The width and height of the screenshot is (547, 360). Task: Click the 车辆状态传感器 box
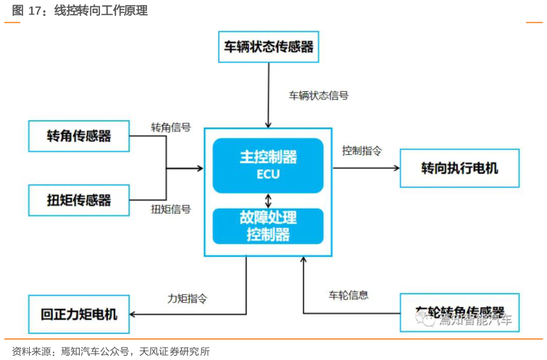[x=268, y=46]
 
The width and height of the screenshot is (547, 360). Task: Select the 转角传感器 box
[x=78, y=135]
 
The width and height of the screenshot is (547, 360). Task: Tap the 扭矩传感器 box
[x=78, y=199]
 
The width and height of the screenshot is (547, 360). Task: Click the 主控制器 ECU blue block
[x=268, y=165]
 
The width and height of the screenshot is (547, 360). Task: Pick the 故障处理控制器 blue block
[x=268, y=225]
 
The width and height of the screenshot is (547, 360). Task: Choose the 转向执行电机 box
[x=459, y=168]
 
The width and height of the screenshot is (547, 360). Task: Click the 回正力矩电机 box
[x=78, y=314]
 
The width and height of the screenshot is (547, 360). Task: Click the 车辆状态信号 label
[x=319, y=96]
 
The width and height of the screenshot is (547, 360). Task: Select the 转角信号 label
[x=171, y=127]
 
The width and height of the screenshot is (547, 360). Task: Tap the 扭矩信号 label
[x=171, y=209]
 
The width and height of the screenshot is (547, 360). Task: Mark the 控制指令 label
[x=362, y=151]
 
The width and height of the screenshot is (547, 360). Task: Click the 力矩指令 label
[x=188, y=298]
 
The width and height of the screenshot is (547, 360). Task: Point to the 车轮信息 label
[x=348, y=295]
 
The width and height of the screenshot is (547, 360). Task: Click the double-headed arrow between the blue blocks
[x=269, y=200]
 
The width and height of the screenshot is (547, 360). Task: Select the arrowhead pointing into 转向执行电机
[x=396, y=168]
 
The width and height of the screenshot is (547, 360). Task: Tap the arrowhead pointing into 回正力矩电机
[x=133, y=314]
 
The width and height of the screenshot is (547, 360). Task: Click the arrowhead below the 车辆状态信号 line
[x=269, y=124]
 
